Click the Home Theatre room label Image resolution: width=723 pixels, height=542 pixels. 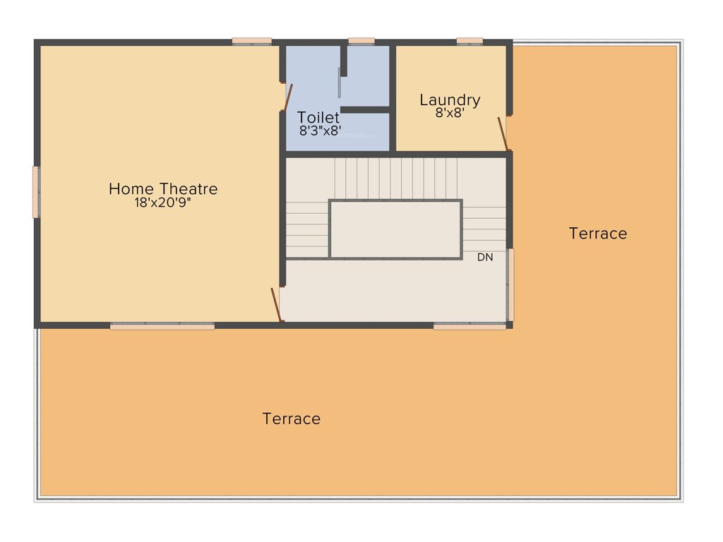(x=163, y=189)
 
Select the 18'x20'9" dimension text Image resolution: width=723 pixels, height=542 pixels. (x=163, y=203)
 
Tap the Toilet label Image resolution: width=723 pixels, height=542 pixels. (x=318, y=117)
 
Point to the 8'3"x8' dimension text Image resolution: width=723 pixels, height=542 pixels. (x=321, y=131)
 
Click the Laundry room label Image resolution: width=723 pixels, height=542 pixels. (x=450, y=100)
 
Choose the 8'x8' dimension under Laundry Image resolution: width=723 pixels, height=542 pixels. (x=450, y=113)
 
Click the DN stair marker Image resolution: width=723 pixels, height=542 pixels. (x=485, y=258)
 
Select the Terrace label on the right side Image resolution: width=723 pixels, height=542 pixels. (x=597, y=234)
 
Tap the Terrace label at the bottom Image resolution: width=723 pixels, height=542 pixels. (x=292, y=418)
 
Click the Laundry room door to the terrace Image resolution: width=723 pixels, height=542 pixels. (x=503, y=134)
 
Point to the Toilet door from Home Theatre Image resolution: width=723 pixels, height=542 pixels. (x=287, y=97)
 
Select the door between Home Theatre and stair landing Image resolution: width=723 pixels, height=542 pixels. (x=277, y=304)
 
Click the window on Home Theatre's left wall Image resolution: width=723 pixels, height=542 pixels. (x=36, y=191)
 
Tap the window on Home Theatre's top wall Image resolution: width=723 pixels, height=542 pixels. (x=252, y=41)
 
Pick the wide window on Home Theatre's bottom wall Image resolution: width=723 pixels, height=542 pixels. (x=162, y=326)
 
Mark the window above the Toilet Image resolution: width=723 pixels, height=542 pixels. (x=361, y=41)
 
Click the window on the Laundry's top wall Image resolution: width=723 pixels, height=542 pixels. (x=470, y=41)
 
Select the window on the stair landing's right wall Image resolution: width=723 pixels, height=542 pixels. (x=510, y=284)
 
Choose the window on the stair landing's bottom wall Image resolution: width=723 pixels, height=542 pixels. (x=470, y=326)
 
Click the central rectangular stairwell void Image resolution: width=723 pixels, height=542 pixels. (x=395, y=229)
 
